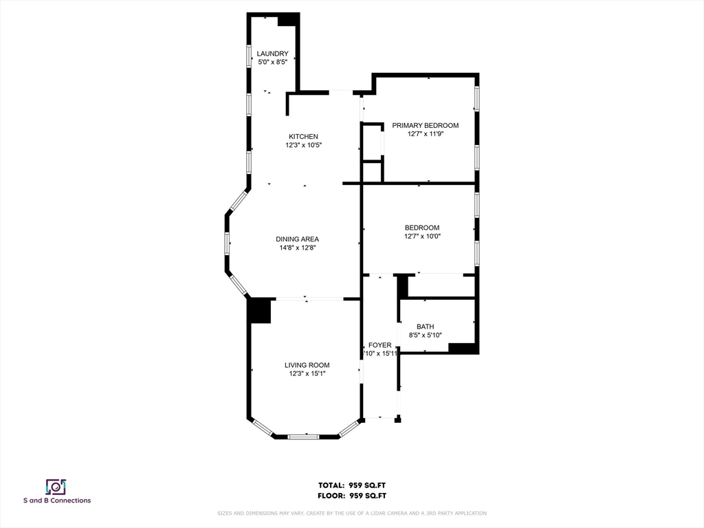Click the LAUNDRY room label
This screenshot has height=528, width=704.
272,54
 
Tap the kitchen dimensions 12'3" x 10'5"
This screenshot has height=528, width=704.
303,145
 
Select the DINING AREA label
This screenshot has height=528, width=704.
297,239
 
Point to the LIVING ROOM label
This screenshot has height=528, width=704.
307,365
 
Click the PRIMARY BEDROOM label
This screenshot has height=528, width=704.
425,125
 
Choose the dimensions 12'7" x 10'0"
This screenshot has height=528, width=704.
421,236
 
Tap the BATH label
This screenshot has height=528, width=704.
425,327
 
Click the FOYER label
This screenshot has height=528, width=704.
379,345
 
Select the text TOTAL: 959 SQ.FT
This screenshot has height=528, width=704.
352,485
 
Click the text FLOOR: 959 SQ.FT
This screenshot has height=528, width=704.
352,495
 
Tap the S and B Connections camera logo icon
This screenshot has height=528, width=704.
56,487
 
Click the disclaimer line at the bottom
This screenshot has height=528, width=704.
352,513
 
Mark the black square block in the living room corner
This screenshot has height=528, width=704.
260,310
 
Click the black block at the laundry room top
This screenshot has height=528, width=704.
287,19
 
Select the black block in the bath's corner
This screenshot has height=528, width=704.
463,348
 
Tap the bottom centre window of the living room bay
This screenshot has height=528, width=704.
302,436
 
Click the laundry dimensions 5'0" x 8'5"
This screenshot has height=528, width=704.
272,63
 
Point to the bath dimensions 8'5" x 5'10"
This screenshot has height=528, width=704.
425,335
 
